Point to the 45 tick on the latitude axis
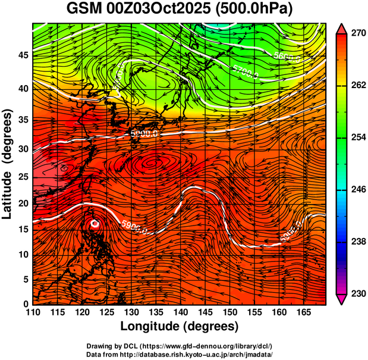[x=24, y=55]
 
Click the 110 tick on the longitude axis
[x=33, y=312]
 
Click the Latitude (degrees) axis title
[x=8, y=164]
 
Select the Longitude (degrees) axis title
[x=180, y=326]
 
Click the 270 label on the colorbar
[x=357, y=34]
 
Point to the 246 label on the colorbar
[x=357, y=190]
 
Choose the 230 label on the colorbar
[x=357, y=293]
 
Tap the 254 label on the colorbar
[x=357, y=137]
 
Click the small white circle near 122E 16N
[x=95, y=224]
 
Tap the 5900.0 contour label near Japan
[x=144, y=134]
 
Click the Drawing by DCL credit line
[x=179, y=346]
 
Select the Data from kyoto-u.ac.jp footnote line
[x=179, y=353]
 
